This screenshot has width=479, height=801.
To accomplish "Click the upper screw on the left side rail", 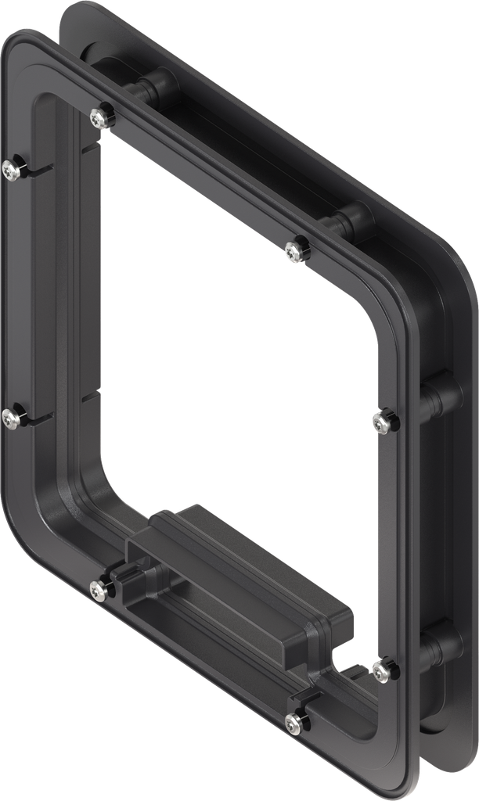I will tap(10, 168).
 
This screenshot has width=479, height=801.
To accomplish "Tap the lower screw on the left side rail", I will tap(10, 419).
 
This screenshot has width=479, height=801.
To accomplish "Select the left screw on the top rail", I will tap(98, 117).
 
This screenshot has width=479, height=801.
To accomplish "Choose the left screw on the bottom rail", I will tap(98, 591).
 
